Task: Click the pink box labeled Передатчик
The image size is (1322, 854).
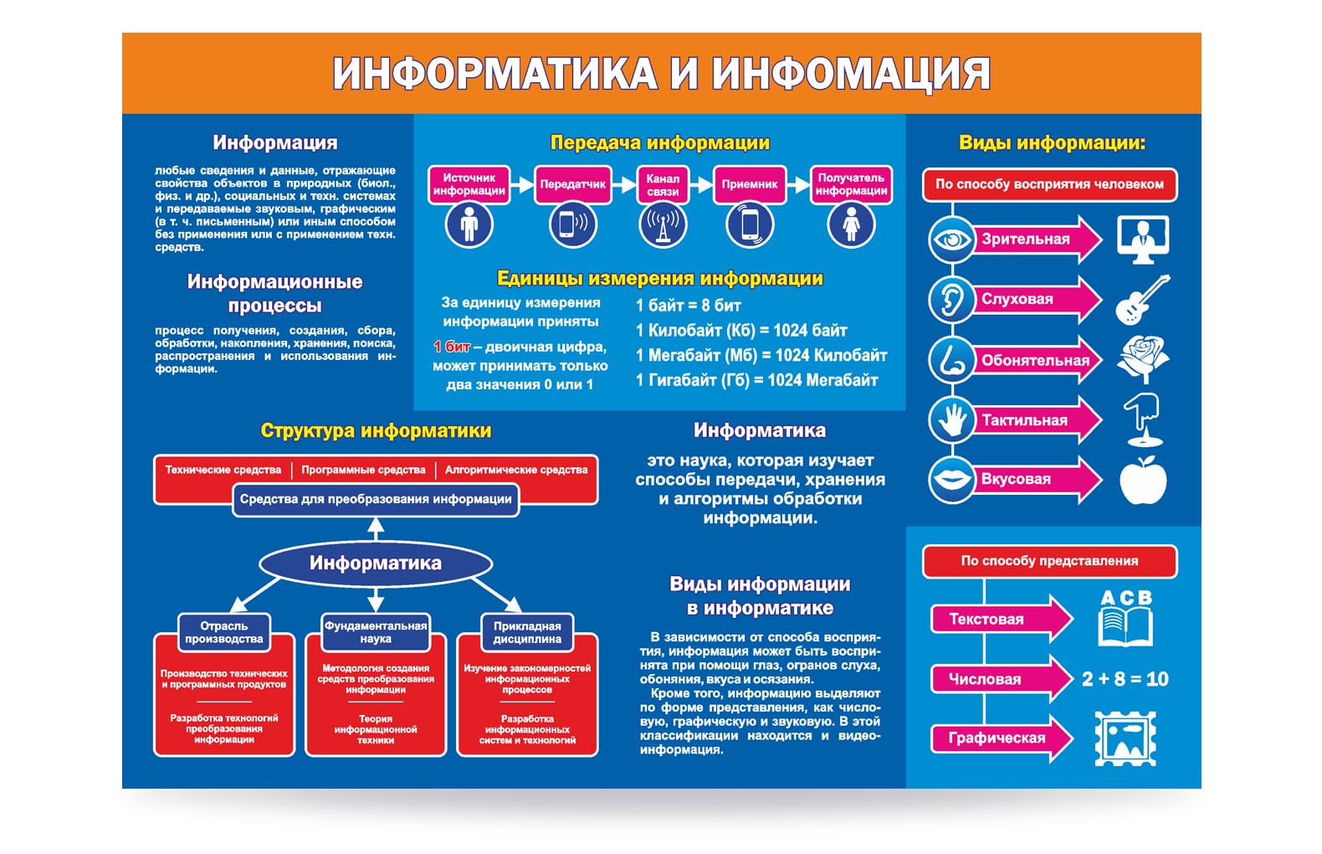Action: [x=572, y=184]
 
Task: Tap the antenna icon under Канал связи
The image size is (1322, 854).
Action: [x=663, y=225]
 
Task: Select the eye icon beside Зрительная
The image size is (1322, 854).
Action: [x=951, y=240]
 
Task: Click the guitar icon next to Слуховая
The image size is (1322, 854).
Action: [x=1142, y=300]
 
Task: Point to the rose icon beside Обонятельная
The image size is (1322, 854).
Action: [x=1143, y=359]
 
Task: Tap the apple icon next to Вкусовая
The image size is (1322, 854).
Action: [x=1143, y=481]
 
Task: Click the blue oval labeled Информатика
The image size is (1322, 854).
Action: [x=376, y=563]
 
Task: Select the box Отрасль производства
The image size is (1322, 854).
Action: [x=224, y=632]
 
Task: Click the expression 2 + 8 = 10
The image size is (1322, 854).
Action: [x=1125, y=679]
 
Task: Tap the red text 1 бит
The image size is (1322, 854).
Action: [x=452, y=347]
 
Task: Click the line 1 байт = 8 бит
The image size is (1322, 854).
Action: [x=688, y=306]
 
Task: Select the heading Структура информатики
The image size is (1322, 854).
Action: [x=376, y=431]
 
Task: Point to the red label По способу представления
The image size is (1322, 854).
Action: [x=1049, y=561]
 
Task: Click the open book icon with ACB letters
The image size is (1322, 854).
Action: [x=1125, y=620]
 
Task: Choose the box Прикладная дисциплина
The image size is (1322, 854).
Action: [x=527, y=632]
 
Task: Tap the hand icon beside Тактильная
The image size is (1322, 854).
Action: [x=951, y=419]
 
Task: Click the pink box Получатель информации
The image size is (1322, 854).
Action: [x=851, y=184]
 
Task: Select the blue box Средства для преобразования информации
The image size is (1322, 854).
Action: [x=376, y=499]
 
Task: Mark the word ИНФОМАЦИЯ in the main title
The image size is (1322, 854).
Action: [x=851, y=74]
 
